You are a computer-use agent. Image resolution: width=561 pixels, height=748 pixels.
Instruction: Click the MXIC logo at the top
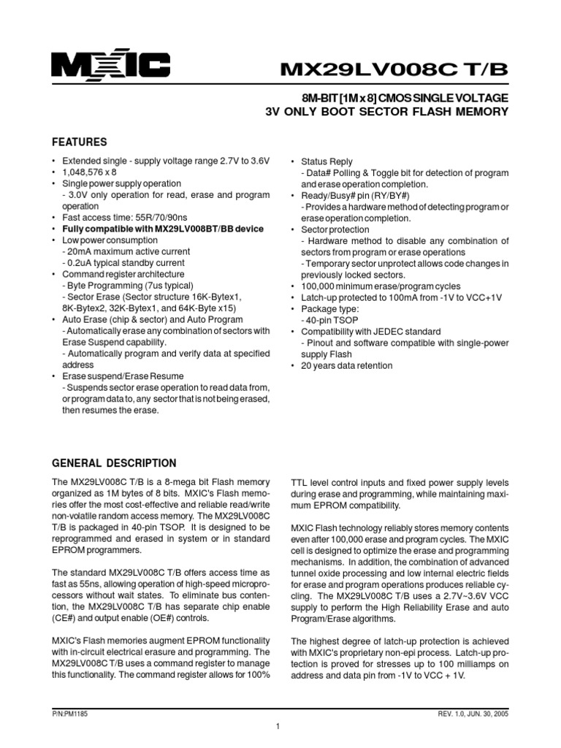(110, 67)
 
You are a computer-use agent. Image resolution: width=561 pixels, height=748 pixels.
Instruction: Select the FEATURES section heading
(80, 142)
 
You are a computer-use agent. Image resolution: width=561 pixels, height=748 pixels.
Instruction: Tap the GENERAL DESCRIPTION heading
(114, 463)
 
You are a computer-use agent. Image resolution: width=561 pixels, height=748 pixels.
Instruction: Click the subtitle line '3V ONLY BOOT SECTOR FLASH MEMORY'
(386, 112)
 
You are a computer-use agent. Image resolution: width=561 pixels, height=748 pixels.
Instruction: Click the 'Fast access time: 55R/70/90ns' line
(125, 218)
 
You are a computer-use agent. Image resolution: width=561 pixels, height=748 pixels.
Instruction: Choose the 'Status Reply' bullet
(327, 161)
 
